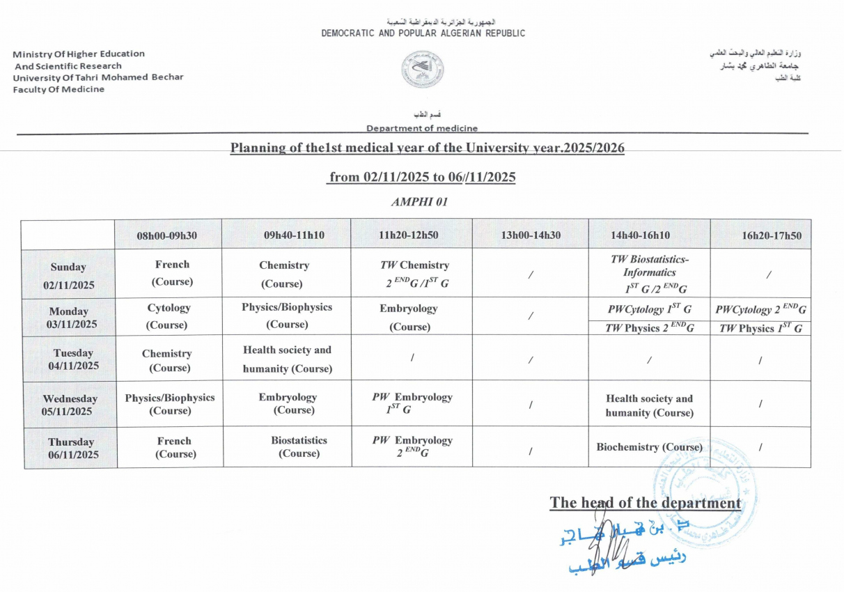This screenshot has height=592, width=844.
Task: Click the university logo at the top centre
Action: tap(423, 69)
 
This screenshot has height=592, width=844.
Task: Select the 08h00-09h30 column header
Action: tap(167, 235)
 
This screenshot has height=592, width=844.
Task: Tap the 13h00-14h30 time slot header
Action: tap(531, 235)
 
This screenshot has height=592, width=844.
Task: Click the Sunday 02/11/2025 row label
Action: tap(68, 276)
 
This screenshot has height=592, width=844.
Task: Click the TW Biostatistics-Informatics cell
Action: tap(649, 274)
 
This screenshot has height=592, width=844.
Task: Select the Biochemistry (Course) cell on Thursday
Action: tap(649, 447)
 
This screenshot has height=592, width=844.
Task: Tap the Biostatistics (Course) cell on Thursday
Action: tap(299, 447)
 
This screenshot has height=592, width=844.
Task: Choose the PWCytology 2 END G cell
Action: tap(760, 310)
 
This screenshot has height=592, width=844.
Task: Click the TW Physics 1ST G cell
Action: tap(760, 329)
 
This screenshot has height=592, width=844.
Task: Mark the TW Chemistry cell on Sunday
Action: tap(414, 274)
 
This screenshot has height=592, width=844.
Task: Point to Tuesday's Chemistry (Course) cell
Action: tap(167, 360)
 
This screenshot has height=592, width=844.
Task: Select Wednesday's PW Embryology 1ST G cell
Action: tap(412, 403)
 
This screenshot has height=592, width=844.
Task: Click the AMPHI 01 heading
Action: tap(419, 202)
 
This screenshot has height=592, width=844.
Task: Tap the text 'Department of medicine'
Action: tap(422, 128)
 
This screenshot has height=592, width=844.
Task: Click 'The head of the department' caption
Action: tap(645, 503)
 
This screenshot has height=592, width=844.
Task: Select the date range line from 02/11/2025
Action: tap(422, 177)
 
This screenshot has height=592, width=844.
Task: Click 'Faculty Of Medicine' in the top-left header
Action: tap(58, 89)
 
